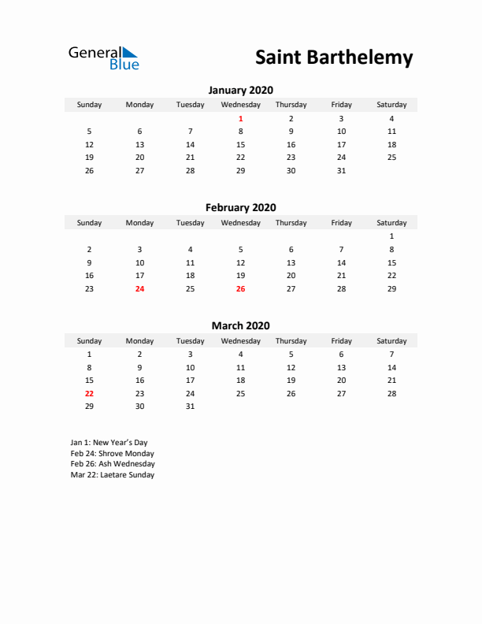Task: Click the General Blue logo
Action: coord(103,58)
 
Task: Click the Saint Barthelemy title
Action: coord(334,58)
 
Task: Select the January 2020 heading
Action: coord(240,90)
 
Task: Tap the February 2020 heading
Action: coord(240,208)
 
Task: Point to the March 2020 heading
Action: coord(240,325)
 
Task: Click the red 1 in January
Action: coord(241,118)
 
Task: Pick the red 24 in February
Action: coord(139,289)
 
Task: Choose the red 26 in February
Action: coord(241,289)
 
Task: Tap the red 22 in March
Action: coord(89,393)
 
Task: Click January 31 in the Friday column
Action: coord(341,170)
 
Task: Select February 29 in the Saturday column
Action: coord(391,289)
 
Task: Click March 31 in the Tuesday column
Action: coord(190,407)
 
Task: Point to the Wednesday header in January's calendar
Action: coord(241,105)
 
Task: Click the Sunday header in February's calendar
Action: coord(89,223)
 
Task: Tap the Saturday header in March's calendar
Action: coord(391,341)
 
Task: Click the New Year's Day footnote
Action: coord(109,443)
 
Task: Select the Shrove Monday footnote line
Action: coord(112,454)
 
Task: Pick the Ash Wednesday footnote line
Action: coord(112,464)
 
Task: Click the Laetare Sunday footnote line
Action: coord(112,475)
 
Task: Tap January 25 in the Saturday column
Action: coord(391,158)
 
